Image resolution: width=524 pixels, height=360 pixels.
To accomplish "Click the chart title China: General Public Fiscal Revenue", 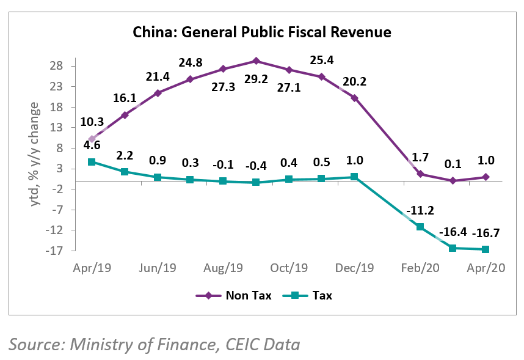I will [262, 31].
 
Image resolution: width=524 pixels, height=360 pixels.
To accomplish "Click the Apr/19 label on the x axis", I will [91, 268].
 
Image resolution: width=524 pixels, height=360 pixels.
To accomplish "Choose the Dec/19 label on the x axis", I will [355, 268].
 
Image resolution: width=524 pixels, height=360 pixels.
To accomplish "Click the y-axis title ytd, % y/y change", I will [35, 154].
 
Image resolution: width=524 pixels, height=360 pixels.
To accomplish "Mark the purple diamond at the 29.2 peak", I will [256, 61].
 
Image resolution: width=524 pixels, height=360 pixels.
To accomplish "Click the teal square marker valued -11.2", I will [420, 227].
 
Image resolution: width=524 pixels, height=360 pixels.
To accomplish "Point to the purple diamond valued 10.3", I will [92, 139].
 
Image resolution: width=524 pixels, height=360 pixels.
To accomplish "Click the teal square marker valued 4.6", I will [92, 162].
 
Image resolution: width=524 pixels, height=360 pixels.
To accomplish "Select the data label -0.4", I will [256, 166].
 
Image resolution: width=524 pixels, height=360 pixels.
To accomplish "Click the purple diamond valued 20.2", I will [354, 98].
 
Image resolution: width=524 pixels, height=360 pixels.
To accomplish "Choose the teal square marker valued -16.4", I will [453, 248].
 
